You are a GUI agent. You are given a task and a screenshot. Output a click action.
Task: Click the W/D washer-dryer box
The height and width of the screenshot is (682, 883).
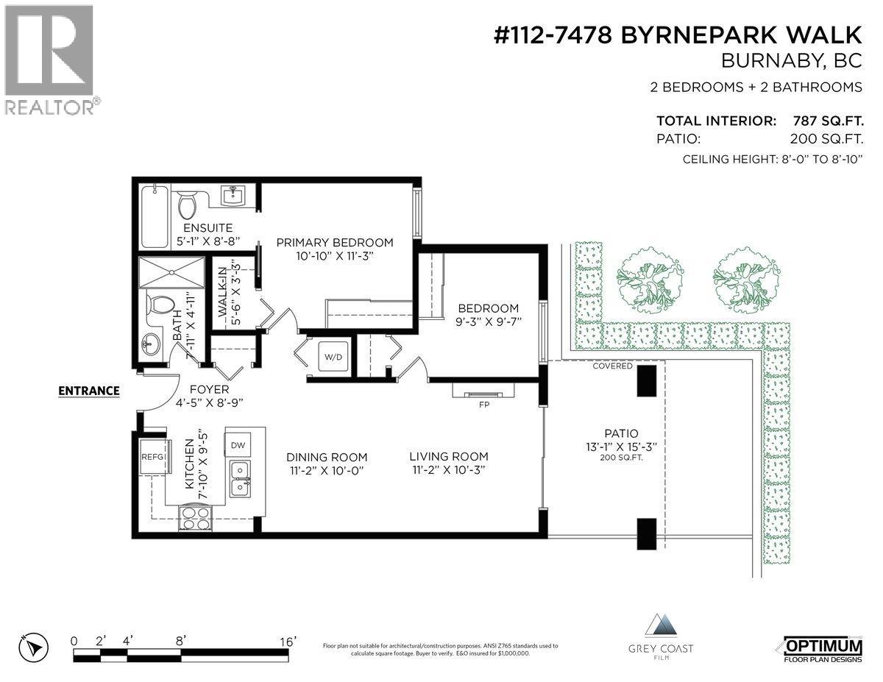[330, 357]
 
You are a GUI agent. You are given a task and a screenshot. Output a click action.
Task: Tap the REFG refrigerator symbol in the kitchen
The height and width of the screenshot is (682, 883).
[152, 457]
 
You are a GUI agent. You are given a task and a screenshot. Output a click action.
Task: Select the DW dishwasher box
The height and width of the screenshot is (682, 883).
[238, 445]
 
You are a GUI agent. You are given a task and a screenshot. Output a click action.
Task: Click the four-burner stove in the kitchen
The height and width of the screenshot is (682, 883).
[196, 519]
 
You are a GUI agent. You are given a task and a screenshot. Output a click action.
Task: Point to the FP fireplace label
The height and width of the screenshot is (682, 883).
[484, 404]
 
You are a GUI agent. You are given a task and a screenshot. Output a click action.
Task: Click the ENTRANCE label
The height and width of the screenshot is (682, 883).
[89, 391]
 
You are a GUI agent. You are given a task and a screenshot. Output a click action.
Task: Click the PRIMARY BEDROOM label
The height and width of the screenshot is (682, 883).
[334, 242]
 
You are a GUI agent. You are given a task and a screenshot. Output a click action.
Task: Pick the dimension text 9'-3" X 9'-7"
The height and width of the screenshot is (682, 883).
[488, 322]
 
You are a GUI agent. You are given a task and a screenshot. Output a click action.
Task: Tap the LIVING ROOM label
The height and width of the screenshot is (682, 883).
[449, 456]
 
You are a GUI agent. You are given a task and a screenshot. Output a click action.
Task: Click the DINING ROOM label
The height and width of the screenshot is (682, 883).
[327, 457]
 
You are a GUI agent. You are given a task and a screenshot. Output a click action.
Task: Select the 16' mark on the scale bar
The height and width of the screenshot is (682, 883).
[288, 641]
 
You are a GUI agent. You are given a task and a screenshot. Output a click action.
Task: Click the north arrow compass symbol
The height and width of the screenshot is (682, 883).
[33, 647]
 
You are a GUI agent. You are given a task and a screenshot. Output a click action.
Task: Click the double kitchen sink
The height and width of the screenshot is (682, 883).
[238, 478]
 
